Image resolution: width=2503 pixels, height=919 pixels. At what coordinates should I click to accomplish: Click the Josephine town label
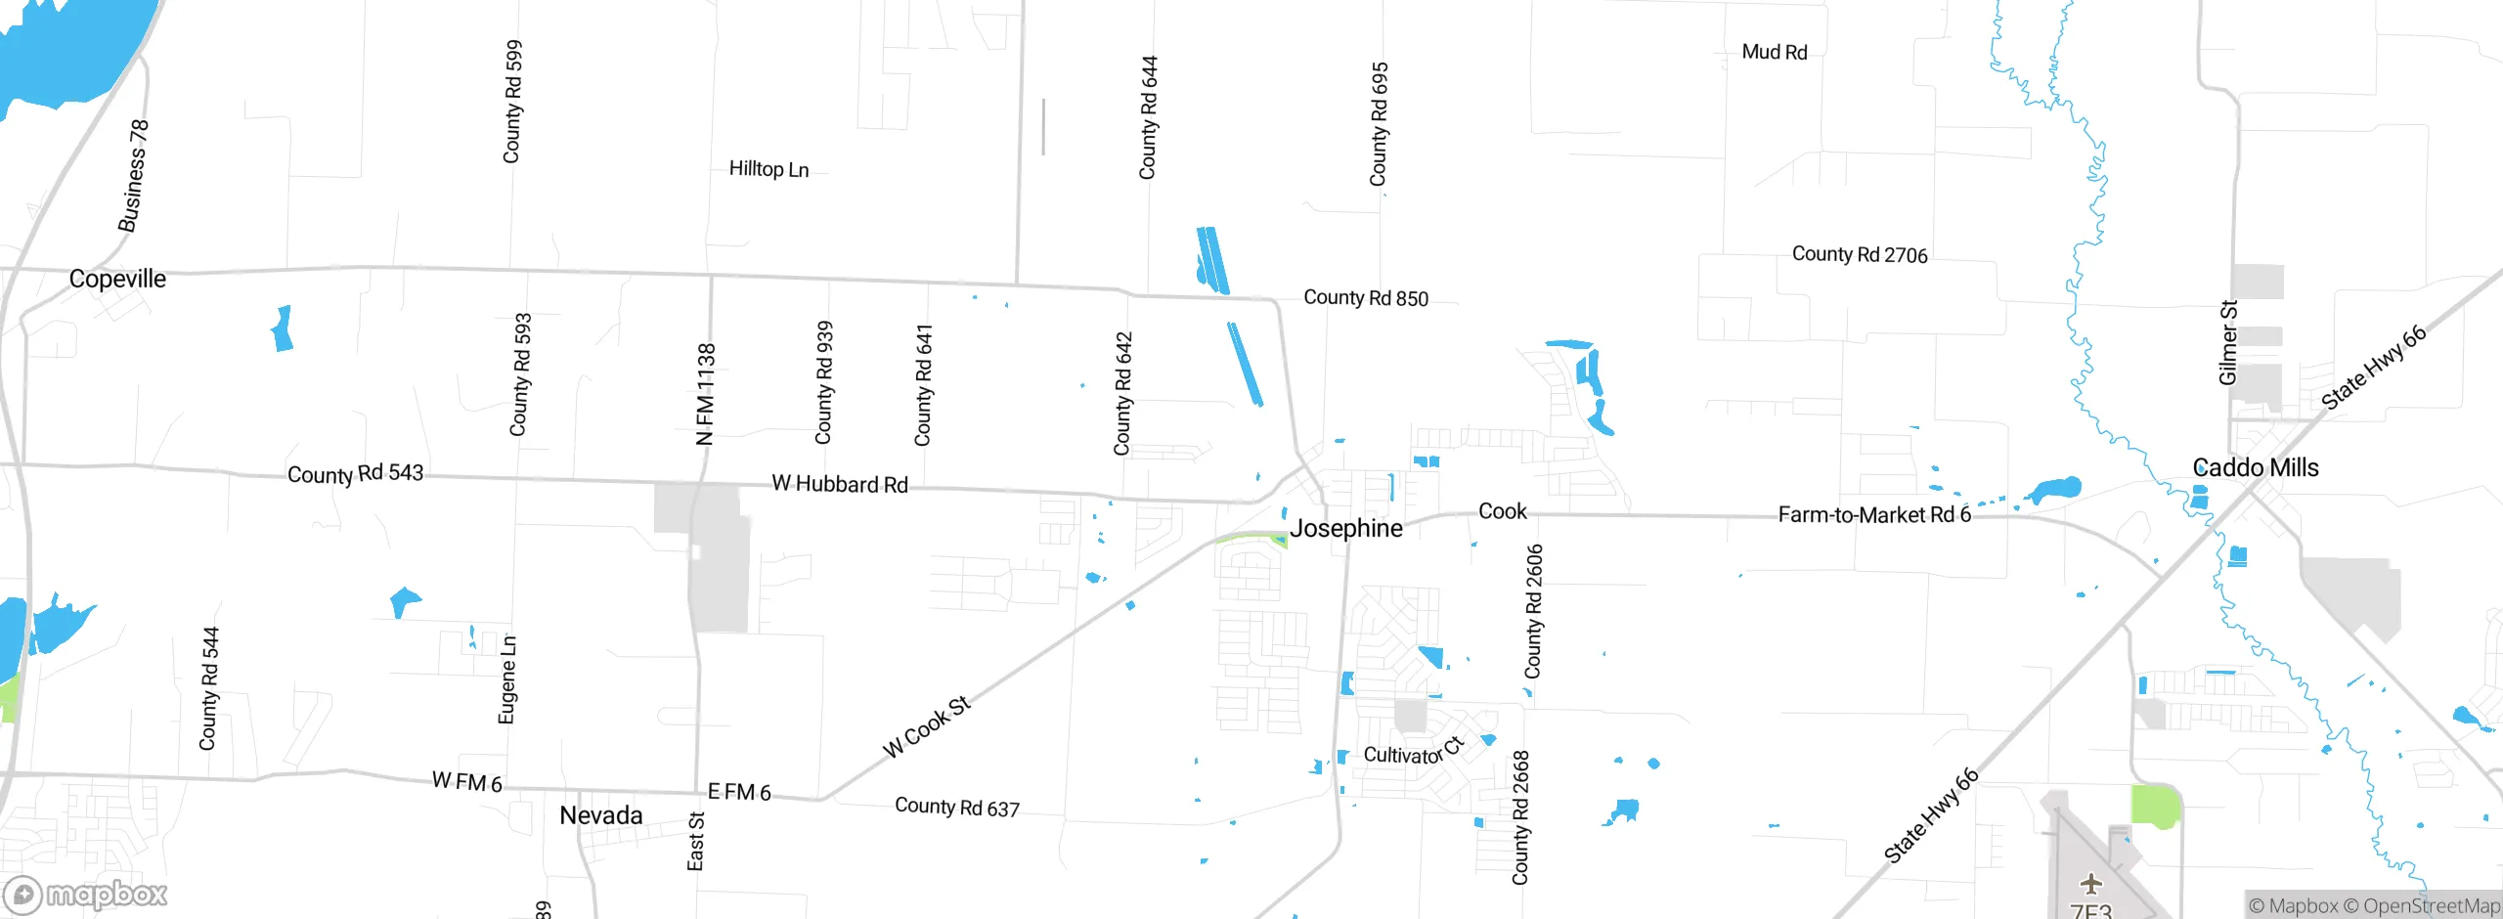click(x=1346, y=529)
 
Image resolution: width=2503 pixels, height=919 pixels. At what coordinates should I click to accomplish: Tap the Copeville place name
click(x=117, y=280)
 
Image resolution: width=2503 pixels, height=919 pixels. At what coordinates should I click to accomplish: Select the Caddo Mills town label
click(x=2255, y=468)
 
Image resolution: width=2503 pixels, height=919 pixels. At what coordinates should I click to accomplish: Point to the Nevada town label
click(x=600, y=815)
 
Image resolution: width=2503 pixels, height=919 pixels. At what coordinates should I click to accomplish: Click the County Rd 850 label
click(x=1366, y=298)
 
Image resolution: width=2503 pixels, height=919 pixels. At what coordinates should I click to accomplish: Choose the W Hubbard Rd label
click(x=840, y=484)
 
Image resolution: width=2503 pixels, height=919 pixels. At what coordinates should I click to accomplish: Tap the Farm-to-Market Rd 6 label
click(x=1873, y=515)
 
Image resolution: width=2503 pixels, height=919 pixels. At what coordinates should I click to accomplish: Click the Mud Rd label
click(x=1775, y=52)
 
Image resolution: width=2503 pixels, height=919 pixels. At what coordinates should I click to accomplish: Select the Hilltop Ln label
click(x=768, y=169)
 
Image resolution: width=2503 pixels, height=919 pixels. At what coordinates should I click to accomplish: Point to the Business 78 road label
click(x=134, y=176)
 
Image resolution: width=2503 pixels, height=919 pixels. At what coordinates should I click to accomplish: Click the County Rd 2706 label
click(x=1860, y=255)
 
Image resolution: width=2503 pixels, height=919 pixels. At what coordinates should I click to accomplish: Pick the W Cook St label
click(x=926, y=726)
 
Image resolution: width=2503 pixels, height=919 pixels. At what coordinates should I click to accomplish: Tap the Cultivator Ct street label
click(x=1414, y=752)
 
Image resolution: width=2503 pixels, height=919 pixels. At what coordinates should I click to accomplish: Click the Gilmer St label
click(x=2228, y=342)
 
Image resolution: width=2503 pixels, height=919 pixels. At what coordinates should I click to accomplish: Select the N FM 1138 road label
click(x=705, y=394)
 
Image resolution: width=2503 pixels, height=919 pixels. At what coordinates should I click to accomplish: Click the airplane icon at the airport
click(x=2090, y=885)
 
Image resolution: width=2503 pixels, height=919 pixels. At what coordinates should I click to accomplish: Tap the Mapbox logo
click(x=86, y=895)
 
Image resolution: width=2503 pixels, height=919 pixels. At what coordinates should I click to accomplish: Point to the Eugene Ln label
click(x=507, y=679)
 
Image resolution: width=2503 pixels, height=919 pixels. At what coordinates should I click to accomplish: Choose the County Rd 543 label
click(x=355, y=474)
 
